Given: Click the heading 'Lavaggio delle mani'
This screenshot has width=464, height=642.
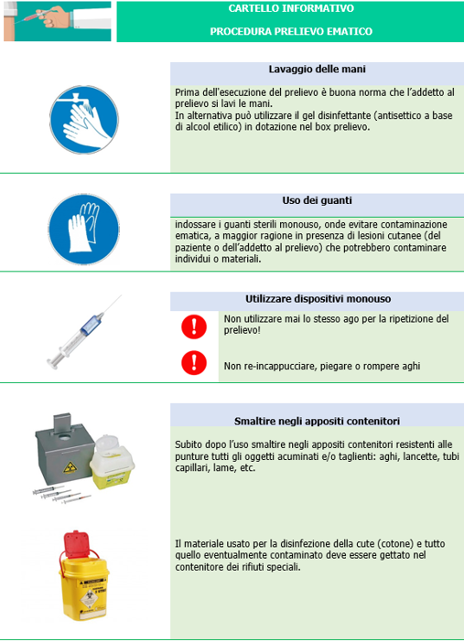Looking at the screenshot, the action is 317,70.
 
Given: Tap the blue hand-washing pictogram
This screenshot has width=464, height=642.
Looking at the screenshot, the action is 84,120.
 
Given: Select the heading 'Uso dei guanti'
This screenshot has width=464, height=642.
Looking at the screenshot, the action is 317,200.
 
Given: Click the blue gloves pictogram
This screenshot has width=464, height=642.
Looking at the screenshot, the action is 84,230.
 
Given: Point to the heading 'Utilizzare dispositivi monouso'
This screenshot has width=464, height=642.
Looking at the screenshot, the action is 318,299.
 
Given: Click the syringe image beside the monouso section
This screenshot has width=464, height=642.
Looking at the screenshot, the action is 84,332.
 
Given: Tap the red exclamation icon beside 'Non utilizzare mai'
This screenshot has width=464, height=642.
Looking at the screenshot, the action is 194,326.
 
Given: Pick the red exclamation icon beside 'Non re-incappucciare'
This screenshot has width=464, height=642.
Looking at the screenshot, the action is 194,363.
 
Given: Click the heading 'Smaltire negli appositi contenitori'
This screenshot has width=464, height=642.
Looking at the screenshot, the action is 317,422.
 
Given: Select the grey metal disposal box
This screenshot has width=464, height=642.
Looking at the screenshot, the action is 65,450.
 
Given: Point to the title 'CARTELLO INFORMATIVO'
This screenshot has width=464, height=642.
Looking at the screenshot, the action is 291,8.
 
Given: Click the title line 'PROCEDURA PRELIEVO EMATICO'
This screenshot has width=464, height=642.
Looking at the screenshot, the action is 291,31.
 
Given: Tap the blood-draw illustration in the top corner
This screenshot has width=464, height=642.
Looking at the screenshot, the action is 58,21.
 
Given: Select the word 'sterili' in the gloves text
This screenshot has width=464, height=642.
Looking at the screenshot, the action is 256,224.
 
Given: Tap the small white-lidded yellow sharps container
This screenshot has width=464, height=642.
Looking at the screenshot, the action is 112,462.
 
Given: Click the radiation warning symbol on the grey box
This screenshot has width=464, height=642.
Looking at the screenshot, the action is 70,467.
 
